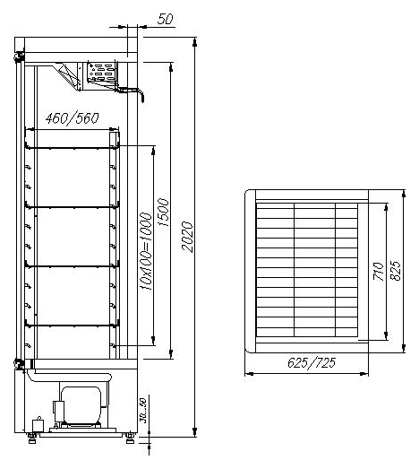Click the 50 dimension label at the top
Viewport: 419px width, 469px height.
click(165, 19)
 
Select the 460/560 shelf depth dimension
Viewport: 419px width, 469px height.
click(72, 118)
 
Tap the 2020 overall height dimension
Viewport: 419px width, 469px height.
click(187, 237)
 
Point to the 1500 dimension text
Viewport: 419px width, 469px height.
click(163, 212)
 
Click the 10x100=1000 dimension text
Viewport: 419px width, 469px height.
click(146, 251)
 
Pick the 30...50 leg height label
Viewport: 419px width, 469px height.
click(143, 411)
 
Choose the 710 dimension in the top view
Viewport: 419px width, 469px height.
click(379, 272)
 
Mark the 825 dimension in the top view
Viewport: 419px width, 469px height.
click(396, 271)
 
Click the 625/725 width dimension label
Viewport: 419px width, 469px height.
click(312, 362)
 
